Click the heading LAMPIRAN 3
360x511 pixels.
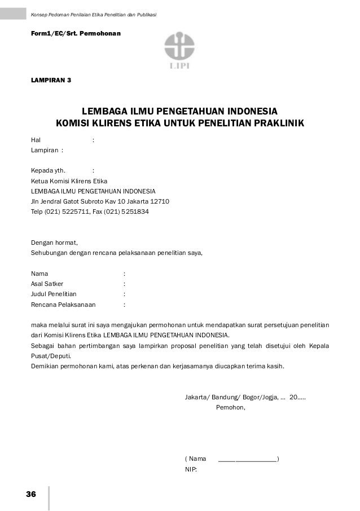51,80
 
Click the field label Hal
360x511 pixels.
36,139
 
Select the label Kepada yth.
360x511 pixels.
48,170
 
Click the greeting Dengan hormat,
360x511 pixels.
55,243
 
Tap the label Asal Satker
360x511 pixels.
47,284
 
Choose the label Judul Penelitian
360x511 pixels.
54,294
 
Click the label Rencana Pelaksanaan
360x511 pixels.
63,305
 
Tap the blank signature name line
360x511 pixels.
247,459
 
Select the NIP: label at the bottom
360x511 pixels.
191,469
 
